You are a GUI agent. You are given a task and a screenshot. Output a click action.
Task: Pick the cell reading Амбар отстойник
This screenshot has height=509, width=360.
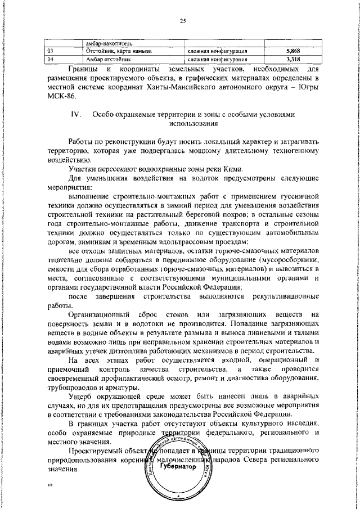104,58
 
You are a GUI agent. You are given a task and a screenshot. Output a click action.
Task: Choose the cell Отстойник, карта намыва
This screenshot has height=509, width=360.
118,51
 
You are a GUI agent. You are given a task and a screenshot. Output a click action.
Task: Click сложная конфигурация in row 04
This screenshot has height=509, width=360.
217,58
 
